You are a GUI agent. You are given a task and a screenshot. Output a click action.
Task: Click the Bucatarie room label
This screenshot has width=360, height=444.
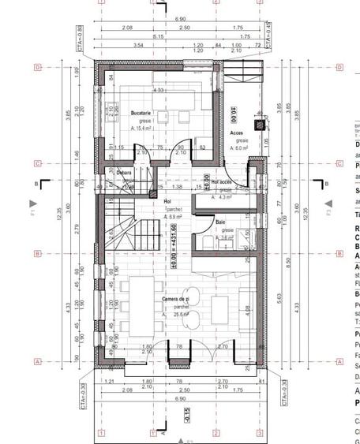(141, 114)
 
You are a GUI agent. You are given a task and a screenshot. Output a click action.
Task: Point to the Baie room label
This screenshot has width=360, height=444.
(220, 222)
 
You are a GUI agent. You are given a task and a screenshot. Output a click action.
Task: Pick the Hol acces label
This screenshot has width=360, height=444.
(222, 181)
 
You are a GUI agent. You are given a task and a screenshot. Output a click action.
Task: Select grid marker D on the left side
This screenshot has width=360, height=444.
(37, 68)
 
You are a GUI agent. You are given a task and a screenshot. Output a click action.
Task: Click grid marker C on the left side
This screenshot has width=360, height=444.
(37, 164)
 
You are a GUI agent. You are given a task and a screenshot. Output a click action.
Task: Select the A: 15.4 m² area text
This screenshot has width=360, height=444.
(143, 127)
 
